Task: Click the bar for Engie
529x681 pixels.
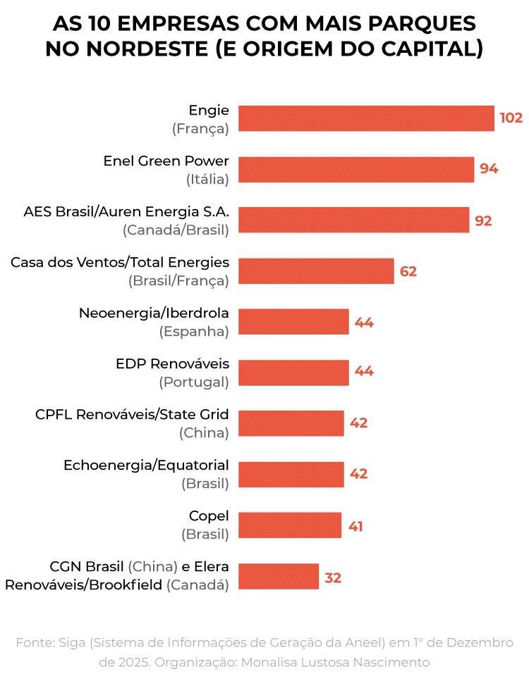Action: coord(366,118)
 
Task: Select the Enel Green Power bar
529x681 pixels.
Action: coord(356,169)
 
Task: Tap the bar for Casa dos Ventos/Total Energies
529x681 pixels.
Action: coord(316,271)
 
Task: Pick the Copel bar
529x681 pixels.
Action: coord(290,525)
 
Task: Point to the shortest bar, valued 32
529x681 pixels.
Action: coord(279,576)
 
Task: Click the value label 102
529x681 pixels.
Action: coord(511,118)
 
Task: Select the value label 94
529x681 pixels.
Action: coord(489,169)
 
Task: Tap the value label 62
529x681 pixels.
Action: coord(408,271)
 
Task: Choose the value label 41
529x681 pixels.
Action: coord(355,526)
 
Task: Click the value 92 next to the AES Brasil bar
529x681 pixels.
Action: coord(483,220)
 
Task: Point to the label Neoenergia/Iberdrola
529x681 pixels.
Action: coord(154,313)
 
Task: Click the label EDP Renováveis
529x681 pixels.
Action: coord(172,364)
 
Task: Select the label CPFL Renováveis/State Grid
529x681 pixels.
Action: coord(132,415)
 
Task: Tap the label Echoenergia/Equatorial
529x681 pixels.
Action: coord(146,466)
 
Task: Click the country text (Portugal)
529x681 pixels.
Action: coord(194,382)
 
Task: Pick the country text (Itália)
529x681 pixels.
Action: coord(207,179)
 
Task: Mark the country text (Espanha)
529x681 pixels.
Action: coord(194,332)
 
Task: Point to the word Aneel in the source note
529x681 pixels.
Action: coord(365,642)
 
